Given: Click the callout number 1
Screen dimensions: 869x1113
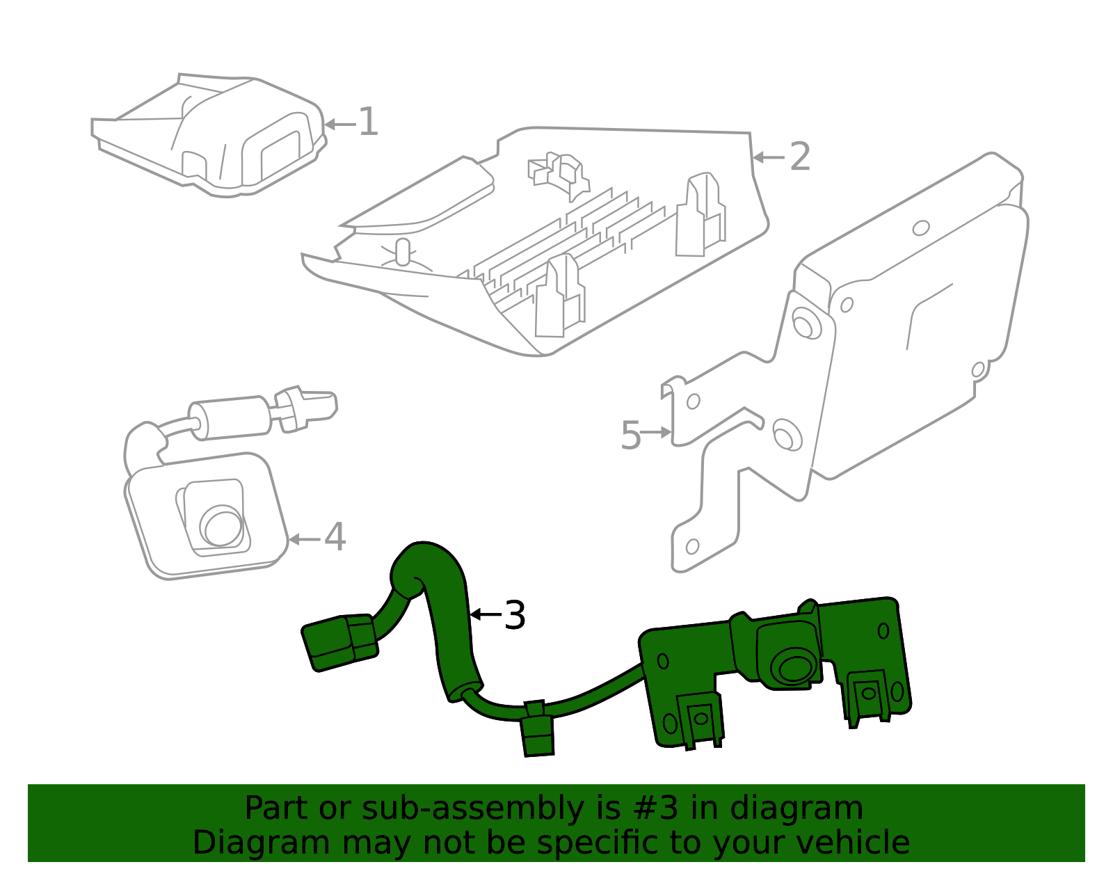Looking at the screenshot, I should (368, 122).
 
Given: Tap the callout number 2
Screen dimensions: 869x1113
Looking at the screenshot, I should (800, 157).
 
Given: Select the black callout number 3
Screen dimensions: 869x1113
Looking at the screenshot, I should (514, 616).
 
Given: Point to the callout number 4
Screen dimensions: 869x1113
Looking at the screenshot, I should (335, 538).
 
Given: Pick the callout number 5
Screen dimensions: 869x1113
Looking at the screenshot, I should (630, 436).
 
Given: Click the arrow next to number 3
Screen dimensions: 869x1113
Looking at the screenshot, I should (485, 614).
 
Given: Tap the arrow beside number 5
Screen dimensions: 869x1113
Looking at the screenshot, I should (656, 433).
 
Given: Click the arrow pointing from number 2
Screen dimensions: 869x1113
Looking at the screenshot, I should (768, 157).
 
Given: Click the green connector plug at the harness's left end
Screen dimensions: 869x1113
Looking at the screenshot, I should (339, 641).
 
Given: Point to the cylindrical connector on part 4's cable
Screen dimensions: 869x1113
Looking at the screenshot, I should (230, 417).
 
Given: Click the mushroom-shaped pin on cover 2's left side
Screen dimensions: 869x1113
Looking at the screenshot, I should (403, 252).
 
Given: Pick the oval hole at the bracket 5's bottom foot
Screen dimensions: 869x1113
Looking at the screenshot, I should (692, 546).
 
